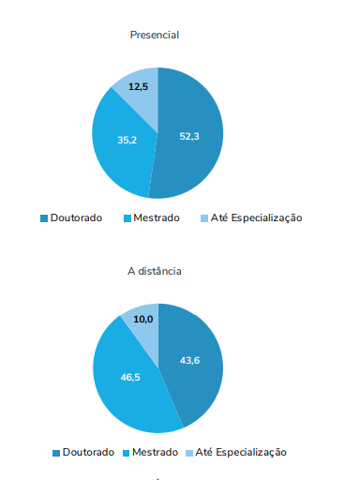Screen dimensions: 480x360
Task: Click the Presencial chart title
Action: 155,35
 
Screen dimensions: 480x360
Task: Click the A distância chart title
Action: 155,271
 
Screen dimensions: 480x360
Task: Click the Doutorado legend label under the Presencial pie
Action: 77,218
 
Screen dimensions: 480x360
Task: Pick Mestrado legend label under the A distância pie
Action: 155,452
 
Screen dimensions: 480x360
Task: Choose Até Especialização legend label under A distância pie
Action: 241,452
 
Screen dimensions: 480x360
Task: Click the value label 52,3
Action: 189,136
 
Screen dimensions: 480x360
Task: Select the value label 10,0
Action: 143,320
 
